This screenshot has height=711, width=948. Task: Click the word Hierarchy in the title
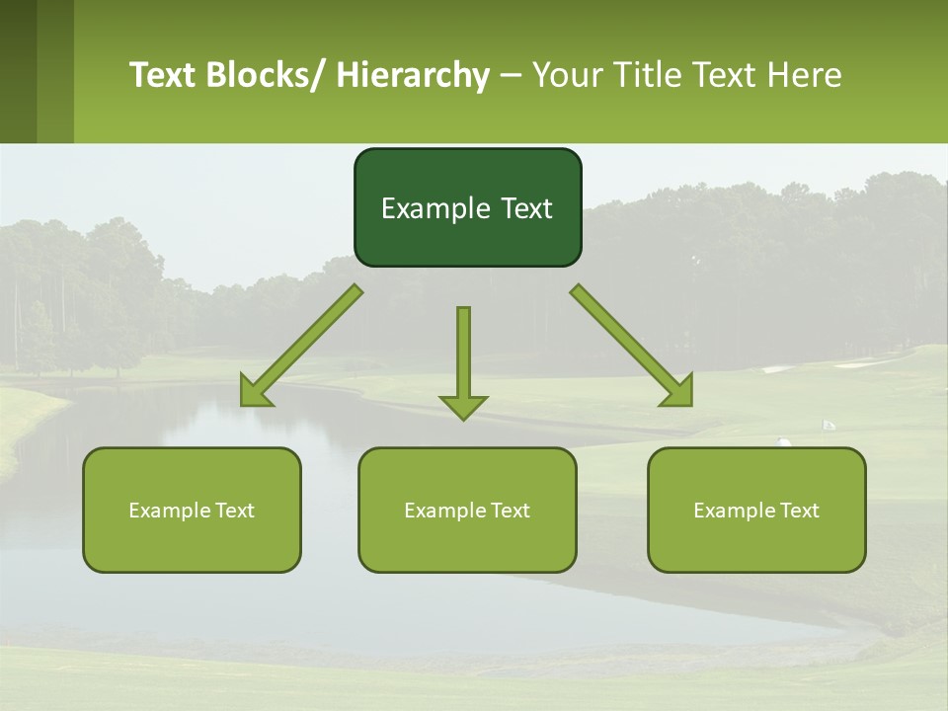(413, 75)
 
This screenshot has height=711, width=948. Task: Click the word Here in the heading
(804, 75)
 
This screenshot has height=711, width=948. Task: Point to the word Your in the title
(565, 75)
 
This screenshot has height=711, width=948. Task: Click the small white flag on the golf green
(829, 425)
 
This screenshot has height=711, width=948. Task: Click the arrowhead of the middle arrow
(463, 406)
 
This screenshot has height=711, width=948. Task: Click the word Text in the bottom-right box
(799, 511)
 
